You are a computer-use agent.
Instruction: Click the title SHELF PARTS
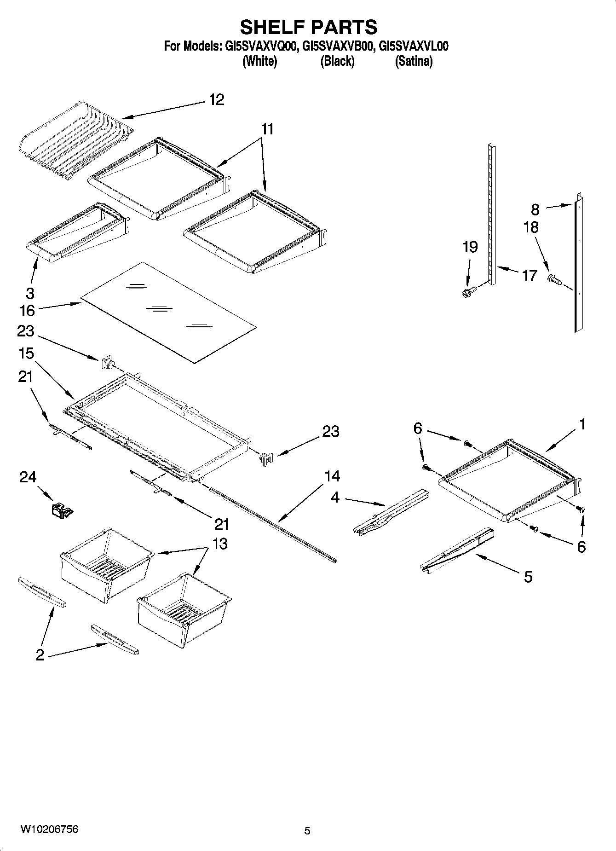[x=308, y=27]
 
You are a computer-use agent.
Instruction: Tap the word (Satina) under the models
[x=413, y=61]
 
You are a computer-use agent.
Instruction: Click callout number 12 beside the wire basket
[x=216, y=99]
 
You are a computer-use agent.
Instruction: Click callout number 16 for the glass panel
[x=27, y=311]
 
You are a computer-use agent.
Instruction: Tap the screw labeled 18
[x=553, y=278]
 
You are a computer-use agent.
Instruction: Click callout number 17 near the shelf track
[x=529, y=276]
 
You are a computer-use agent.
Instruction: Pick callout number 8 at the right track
[x=535, y=209]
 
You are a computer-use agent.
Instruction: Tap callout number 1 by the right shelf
[x=582, y=424]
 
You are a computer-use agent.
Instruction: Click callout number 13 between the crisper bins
[x=220, y=544]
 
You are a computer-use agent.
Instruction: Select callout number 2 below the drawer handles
[x=40, y=655]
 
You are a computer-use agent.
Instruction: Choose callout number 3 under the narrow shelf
[x=30, y=293]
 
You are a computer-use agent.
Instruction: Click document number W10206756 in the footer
[x=49, y=829]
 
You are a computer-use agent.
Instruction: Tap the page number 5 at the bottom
[x=307, y=831]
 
